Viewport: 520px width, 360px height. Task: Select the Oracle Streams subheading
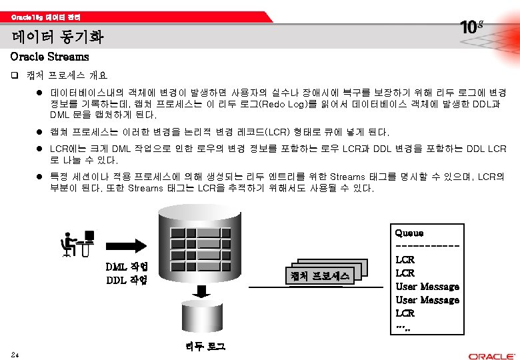coord(50,57)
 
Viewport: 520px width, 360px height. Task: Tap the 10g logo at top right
coord(471,27)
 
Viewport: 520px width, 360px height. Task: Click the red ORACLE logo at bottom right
coord(490,356)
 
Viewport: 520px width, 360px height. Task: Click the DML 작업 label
coord(127,267)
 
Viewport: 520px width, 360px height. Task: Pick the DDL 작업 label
coord(127,279)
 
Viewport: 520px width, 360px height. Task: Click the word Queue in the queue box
coord(409,233)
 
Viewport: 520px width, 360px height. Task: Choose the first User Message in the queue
coord(427,287)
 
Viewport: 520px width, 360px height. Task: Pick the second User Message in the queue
coord(427,300)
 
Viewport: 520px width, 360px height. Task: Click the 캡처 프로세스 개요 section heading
coord(67,75)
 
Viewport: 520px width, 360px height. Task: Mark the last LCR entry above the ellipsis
coord(405,313)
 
